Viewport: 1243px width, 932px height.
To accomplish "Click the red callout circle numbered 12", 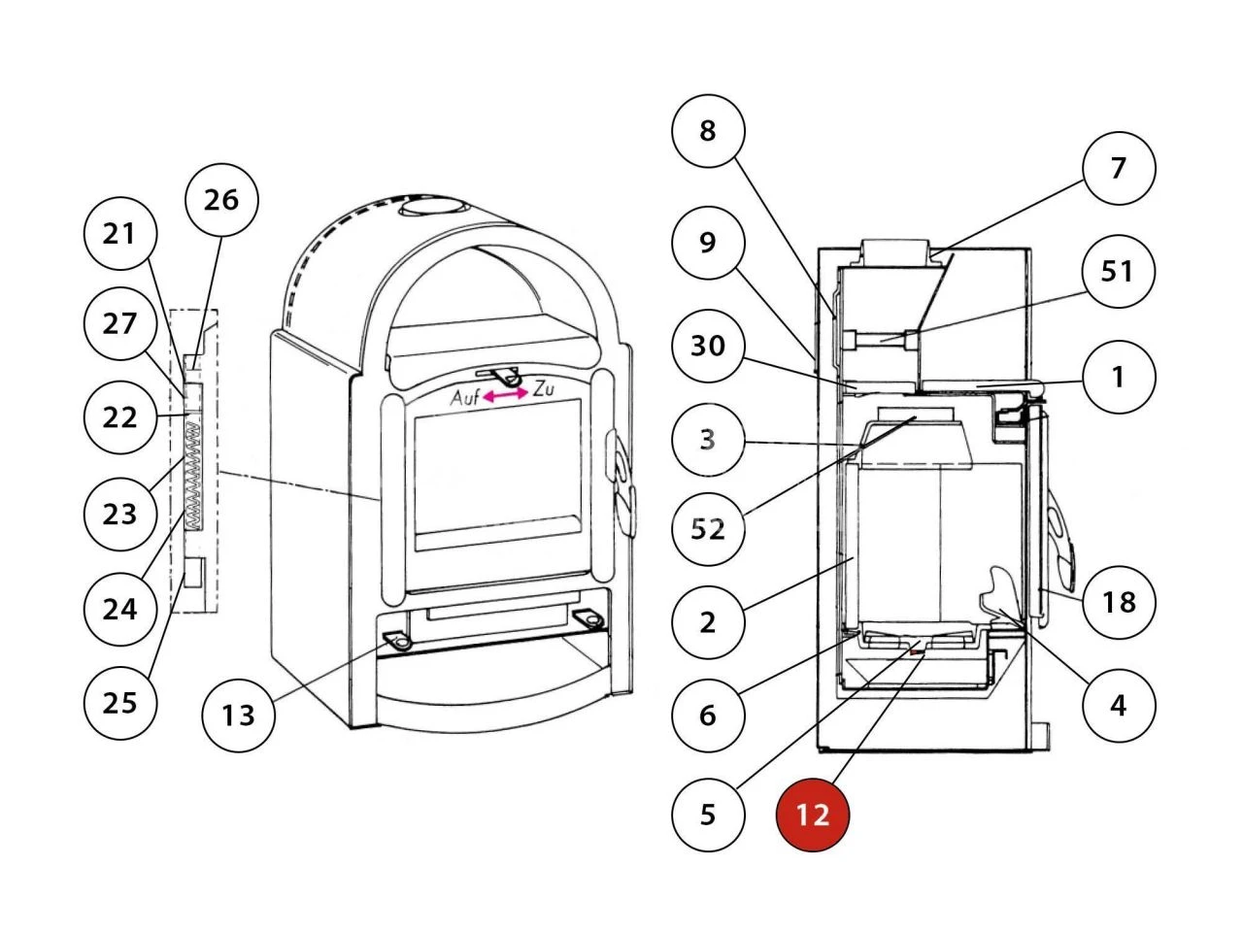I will click(813, 815).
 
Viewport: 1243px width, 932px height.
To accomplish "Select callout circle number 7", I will click(1119, 168).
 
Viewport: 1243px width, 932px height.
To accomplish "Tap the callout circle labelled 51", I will click(1118, 271).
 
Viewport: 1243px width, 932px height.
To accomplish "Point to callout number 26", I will click(221, 200).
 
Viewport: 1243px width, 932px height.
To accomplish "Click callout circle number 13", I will click(238, 716).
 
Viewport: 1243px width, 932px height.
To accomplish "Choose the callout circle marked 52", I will click(708, 529).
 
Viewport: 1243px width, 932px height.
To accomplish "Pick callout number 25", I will click(120, 702).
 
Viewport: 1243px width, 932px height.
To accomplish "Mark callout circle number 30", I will click(708, 345).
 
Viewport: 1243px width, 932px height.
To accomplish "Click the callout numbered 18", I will click(1119, 602).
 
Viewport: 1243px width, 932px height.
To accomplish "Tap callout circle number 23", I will click(120, 513).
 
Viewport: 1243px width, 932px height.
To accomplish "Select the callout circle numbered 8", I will click(708, 130).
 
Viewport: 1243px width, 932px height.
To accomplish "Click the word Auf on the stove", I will click(465, 398).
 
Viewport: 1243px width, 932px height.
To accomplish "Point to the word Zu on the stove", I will click(544, 390).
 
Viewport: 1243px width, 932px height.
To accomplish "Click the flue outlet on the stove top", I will click(433, 208).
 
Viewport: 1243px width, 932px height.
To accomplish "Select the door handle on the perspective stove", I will click(621, 481).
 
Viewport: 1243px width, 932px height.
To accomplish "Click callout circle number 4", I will click(1119, 705).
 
